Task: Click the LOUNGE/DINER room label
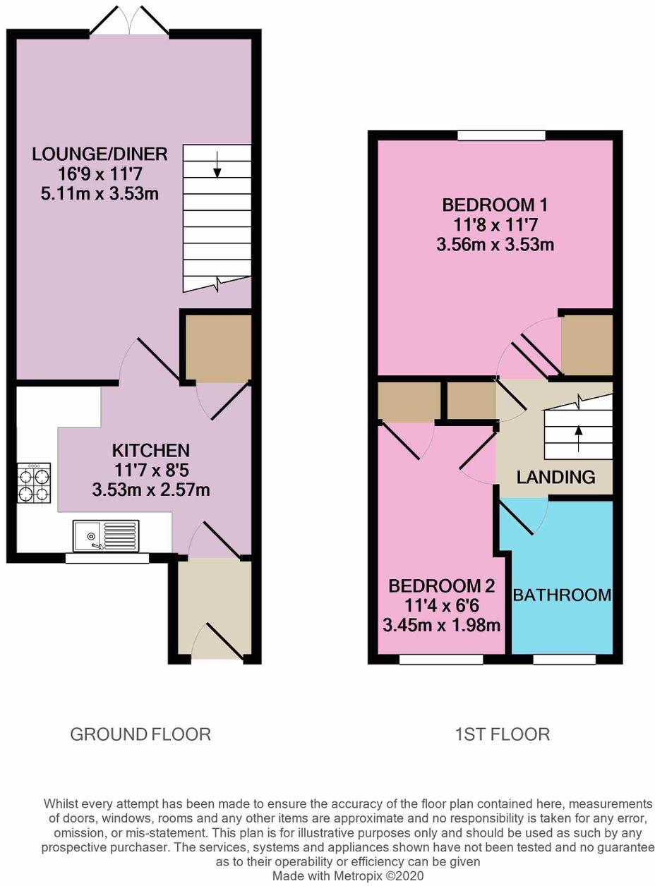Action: pyautogui.click(x=100, y=154)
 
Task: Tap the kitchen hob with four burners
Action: pyautogui.click(x=35, y=483)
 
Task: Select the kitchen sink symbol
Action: pyautogui.click(x=106, y=535)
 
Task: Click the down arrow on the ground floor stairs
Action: pyautogui.click(x=217, y=164)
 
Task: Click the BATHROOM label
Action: pyautogui.click(x=562, y=595)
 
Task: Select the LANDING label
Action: pyautogui.click(x=555, y=477)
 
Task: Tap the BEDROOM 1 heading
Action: pyautogui.click(x=494, y=205)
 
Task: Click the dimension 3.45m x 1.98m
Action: pyautogui.click(x=441, y=625)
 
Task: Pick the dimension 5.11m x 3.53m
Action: pyautogui.click(x=100, y=193)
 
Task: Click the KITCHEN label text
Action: pyautogui.click(x=150, y=450)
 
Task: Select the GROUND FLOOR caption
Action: pyautogui.click(x=140, y=734)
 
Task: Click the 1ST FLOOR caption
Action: pyautogui.click(x=502, y=734)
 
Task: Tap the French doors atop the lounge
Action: pyautogui.click(x=129, y=21)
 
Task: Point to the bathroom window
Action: pyautogui.click(x=564, y=659)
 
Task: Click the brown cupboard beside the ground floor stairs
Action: pyautogui.click(x=217, y=348)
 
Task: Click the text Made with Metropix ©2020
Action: pyautogui.click(x=348, y=875)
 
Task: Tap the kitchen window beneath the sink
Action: pyautogui.click(x=107, y=558)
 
